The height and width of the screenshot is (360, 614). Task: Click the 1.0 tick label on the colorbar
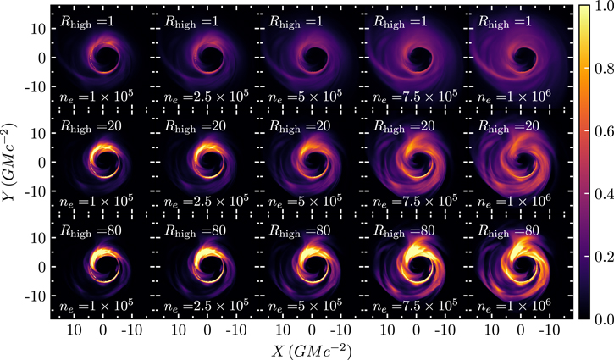[600, 8]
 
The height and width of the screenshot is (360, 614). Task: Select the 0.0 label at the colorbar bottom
[600, 319]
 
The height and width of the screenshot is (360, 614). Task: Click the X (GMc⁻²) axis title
[312, 348]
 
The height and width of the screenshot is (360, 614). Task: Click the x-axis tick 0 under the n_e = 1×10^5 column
[103, 328]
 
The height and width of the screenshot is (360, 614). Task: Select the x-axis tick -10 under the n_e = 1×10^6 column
[550, 328]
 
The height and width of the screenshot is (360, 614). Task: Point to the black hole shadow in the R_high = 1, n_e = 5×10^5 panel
[313, 59]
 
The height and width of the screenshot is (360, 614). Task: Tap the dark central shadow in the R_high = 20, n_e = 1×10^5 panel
[104, 163]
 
